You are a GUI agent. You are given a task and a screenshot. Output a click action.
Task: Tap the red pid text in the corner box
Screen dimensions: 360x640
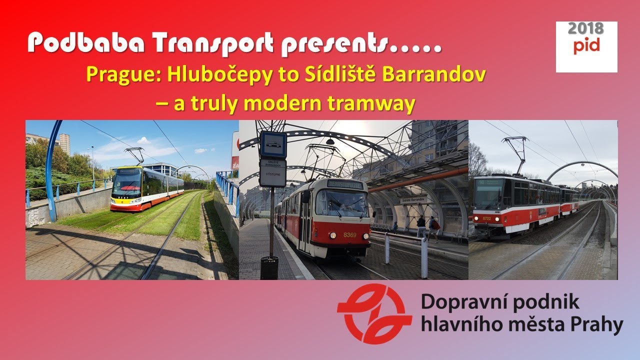pos(586,46)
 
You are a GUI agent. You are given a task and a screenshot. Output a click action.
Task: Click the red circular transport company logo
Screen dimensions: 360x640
pos(374,314)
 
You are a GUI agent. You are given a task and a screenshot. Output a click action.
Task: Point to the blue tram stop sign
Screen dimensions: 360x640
pos(273,145)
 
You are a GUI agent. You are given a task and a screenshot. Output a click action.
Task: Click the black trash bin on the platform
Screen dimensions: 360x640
pos(269,267)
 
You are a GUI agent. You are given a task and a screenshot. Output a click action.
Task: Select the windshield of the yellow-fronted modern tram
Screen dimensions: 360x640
pos(126,181)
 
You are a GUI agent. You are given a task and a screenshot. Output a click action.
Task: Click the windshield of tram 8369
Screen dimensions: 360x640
pos(341,204)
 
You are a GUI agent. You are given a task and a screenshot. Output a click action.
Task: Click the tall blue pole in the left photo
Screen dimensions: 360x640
pos(49,170)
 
